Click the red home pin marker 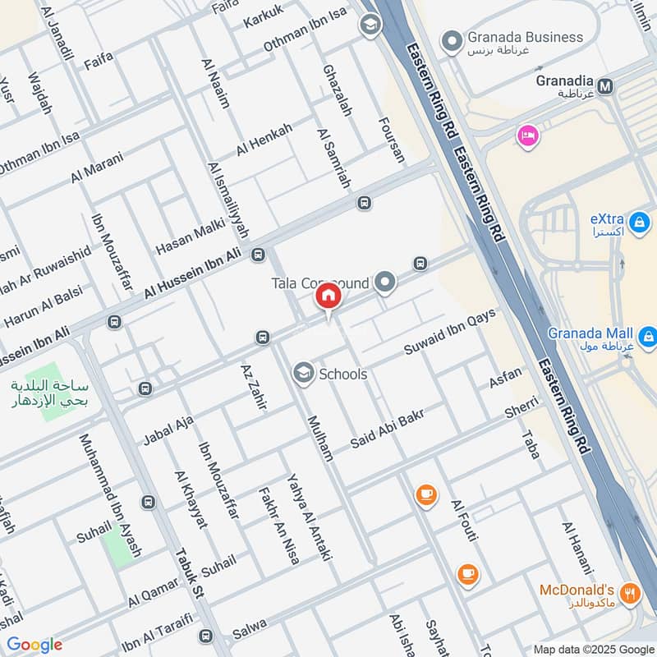click(x=328, y=296)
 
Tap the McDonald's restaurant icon click(x=631, y=593)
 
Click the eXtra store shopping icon click(x=637, y=221)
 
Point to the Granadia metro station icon click(x=606, y=85)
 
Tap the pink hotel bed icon click(x=526, y=135)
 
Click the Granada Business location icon click(x=451, y=39)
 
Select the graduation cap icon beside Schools click(x=304, y=374)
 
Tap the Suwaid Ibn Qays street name click(x=450, y=333)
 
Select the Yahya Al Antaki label click(x=308, y=517)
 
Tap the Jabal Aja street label click(x=168, y=429)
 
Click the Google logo click(x=34, y=645)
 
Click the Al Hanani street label click(x=577, y=548)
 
